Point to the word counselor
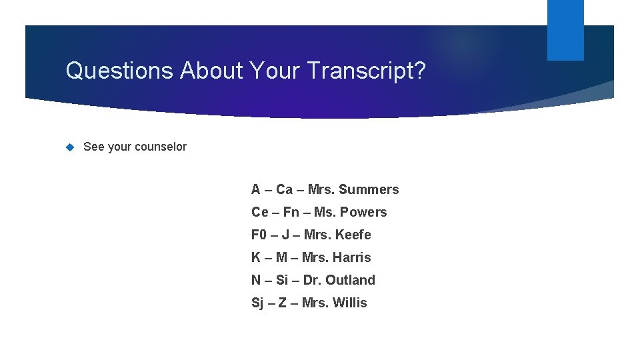[162, 147]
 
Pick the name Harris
[353, 257]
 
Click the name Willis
[351, 303]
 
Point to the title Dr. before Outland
[312, 280]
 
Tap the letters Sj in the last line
[257, 303]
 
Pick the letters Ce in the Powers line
[259, 212]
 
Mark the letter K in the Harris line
[256, 257]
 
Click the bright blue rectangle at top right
[565, 30]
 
